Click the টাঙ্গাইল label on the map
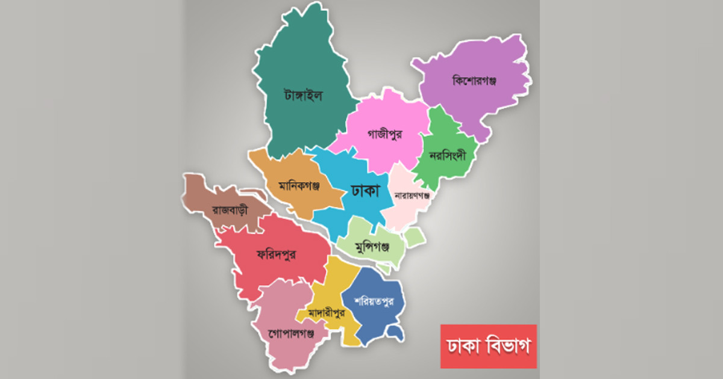pyautogui.click(x=303, y=96)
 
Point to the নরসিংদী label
pyautogui.click(x=449, y=155)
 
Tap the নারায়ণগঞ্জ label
pyautogui.click(x=412, y=196)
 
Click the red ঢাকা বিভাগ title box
pyautogui.click(x=488, y=346)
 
